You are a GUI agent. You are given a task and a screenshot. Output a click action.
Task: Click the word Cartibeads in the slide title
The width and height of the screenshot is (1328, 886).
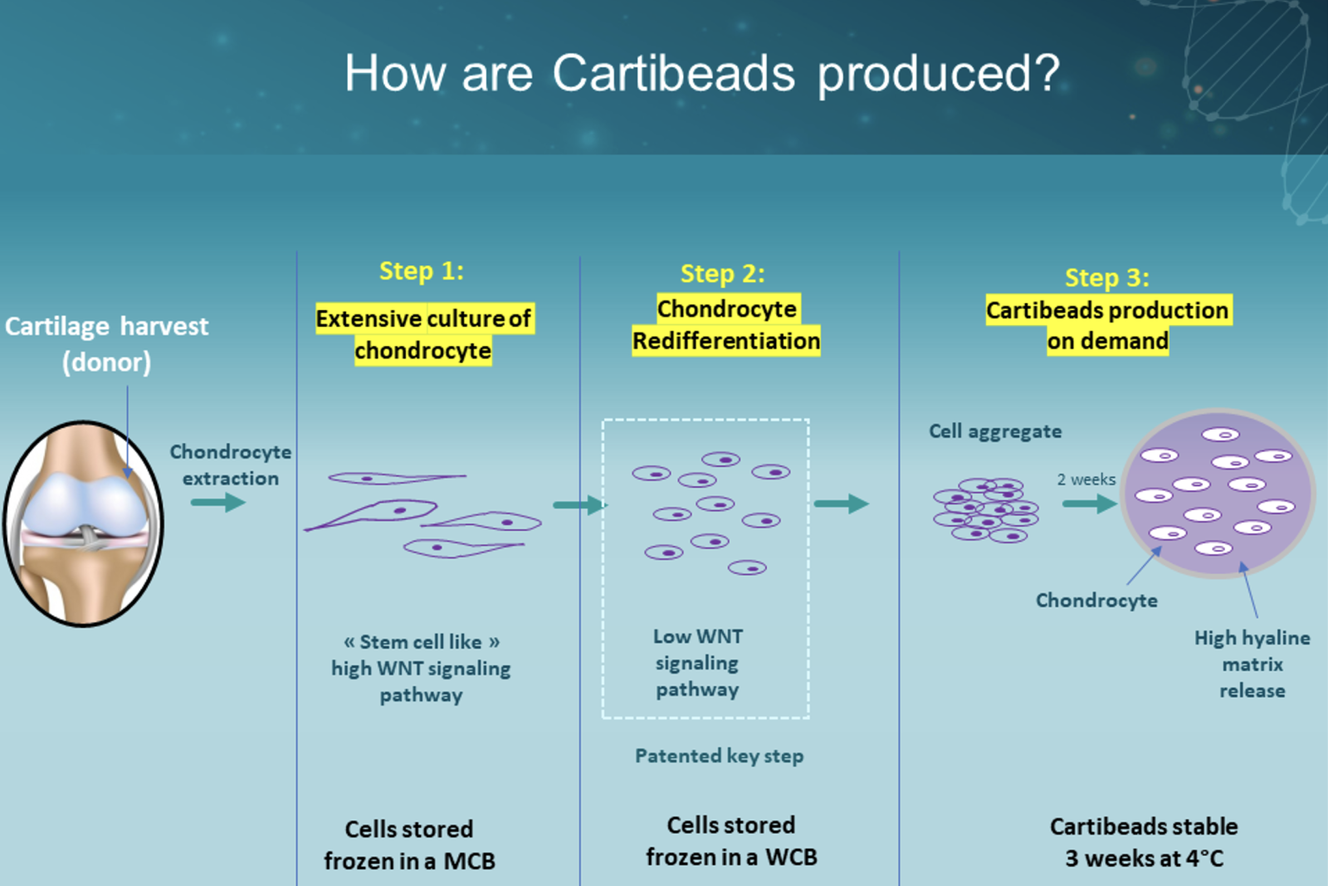tap(673, 73)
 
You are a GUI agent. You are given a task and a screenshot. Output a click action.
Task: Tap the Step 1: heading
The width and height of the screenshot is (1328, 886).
tap(422, 270)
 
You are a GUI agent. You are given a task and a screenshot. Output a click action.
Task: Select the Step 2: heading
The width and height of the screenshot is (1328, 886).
tap(723, 274)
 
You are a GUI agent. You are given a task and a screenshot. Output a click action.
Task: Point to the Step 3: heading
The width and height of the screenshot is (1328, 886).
tap(1107, 277)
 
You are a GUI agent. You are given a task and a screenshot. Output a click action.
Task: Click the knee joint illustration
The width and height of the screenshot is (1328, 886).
tap(83, 523)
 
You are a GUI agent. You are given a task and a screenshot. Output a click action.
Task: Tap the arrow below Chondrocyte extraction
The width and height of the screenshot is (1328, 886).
tap(218, 503)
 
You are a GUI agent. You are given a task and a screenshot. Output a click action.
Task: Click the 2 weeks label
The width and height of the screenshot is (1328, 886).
tap(1086, 479)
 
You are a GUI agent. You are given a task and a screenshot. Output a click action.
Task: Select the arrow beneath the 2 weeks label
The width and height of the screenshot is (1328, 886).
tap(1090, 504)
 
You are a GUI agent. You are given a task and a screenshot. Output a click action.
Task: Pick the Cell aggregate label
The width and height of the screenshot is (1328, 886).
tap(995, 431)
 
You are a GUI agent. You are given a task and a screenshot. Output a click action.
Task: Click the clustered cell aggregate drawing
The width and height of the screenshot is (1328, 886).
tap(985, 510)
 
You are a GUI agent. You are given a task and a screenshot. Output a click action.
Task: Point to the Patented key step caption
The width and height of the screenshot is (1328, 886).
tap(719, 756)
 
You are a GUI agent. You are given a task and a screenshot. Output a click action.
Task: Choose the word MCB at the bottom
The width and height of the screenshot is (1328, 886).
tap(469, 861)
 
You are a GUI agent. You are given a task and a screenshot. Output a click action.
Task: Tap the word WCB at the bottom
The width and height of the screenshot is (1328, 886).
tap(791, 857)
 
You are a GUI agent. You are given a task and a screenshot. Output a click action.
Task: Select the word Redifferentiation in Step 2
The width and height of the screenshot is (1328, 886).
tap(726, 341)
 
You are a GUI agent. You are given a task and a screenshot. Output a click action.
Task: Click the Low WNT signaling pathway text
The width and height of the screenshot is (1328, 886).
tap(697, 663)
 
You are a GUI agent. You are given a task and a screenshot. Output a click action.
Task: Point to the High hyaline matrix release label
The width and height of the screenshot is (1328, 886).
tap(1252, 664)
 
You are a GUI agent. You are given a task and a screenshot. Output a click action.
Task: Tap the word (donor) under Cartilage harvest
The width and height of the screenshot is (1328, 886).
tap(107, 362)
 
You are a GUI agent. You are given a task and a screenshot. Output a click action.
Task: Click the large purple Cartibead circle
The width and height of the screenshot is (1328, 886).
tap(1218, 493)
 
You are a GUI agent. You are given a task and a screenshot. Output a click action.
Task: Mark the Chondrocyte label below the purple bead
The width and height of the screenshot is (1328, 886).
tap(1096, 601)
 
